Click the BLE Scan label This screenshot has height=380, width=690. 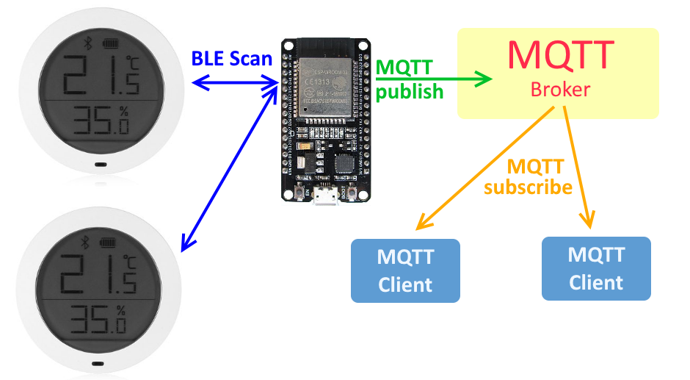pyautogui.click(x=231, y=58)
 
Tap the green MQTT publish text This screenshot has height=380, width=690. pyautogui.click(x=410, y=79)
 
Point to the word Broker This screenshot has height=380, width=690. pyautogui.click(x=560, y=90)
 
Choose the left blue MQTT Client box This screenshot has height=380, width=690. pyautogui.click(x=405, y=270)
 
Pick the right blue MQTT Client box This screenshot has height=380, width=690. pyautogui.click(x=596, y=268)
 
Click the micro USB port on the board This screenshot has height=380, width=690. pyautogui.click(x=324, y=195)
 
